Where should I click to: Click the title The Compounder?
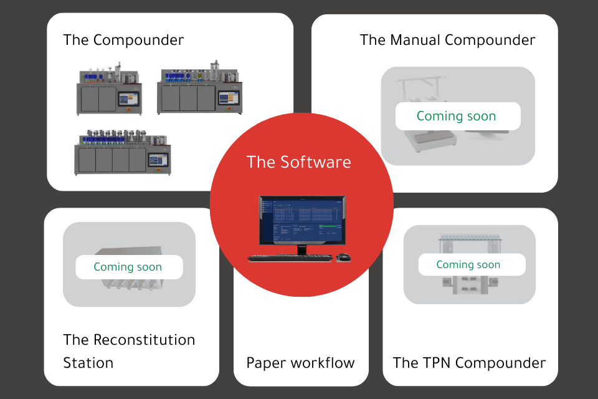(123, 41)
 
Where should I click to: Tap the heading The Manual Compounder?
(447, 41)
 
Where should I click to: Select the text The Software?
(299, 162)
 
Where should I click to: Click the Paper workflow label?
(300, 363)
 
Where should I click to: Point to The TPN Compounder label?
(469, 363)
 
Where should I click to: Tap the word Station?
(88, 363)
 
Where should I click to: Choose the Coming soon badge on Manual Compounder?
(457, 116)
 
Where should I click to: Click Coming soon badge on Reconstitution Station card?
(128, 267)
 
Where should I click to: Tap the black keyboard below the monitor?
(290, 257)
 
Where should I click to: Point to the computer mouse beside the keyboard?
(343, 256)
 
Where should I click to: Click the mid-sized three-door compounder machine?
(199, 91)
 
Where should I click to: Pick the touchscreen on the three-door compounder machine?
(227, 99)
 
